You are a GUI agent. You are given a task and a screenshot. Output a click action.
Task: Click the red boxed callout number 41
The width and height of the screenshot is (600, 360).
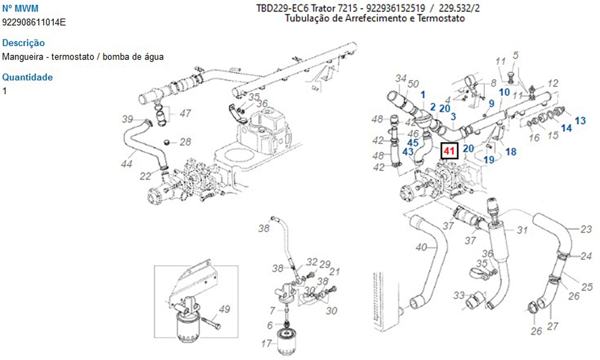pos(449,151)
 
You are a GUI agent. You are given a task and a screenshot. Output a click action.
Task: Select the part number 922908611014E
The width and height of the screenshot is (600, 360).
pos(34,22)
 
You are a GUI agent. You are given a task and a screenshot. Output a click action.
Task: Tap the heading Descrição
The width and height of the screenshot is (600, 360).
pos(23,43)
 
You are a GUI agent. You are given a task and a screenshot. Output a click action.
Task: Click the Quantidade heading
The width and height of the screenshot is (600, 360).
pos(28,77)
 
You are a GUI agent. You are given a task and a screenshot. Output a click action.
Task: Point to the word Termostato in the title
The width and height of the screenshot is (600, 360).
pos(443,19)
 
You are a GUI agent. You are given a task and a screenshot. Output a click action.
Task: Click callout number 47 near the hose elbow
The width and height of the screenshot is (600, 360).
pos(185,113)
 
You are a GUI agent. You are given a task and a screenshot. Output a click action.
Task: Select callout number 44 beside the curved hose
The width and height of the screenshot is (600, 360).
pos(127,163)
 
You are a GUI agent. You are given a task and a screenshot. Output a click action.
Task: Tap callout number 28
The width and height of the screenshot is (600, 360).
pos(185,142)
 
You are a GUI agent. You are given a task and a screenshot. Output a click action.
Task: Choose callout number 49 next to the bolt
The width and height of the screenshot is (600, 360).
pos(224,310)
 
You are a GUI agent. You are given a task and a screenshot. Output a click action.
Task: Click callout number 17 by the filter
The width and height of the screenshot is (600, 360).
pos(266,344)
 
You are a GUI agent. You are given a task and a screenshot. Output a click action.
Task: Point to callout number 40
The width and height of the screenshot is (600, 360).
pos(421,247)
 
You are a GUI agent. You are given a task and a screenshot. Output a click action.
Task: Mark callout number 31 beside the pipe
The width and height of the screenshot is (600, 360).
pos(522,230)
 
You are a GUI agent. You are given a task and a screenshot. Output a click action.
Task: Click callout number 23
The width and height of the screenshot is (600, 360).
pos(586,229)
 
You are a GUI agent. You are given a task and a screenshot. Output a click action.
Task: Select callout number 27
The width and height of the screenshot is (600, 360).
pos(553,326)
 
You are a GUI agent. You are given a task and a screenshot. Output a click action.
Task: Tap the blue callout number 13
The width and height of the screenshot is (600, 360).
pos(580,121)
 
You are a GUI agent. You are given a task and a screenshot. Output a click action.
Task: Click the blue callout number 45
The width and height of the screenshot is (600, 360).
pos(413,143)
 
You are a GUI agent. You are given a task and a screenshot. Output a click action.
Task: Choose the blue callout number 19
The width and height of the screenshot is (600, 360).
pos(489,160)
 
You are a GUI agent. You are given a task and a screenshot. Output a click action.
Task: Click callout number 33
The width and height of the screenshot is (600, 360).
pos(458,295)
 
